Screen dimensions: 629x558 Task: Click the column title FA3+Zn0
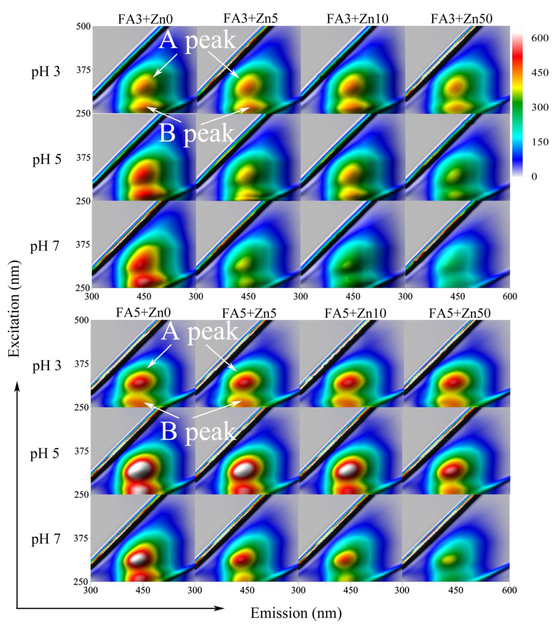(x=145, y=19)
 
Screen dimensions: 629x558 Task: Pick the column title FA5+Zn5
(x=249, y=313)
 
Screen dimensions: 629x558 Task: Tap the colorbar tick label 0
(x=534, y=176)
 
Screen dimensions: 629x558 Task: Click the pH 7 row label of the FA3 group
(x=45, y=246)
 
